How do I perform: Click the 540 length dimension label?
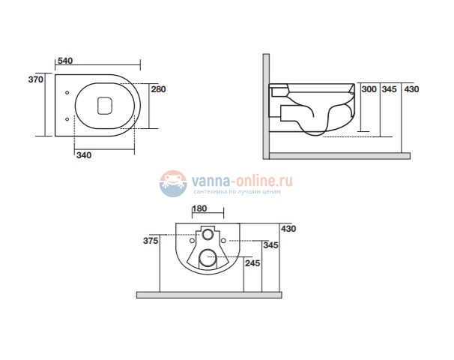(x=65, y=61)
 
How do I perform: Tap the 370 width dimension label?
(x=36, y=79)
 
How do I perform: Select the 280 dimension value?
(x=158, y=89)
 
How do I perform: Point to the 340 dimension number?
(x=84, y=155)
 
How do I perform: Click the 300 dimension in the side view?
(x=369, y=89)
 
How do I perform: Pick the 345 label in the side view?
(x=389, y=89)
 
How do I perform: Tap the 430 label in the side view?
(x=411, y=89)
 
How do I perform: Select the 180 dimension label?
(x=199, y=208)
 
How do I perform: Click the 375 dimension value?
(x=151, y=241)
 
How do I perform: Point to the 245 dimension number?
(x=252, y=263)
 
